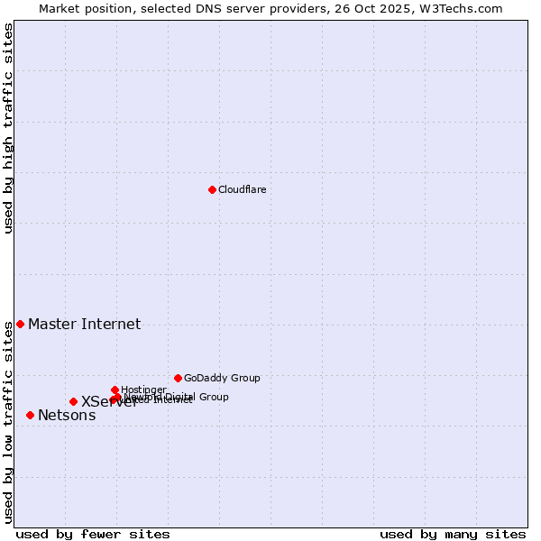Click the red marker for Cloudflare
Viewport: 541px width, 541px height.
point(212,189)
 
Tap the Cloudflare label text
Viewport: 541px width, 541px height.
point(242,189)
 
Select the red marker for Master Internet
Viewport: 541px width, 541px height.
point(20,324)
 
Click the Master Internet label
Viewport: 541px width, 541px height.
point(84,325)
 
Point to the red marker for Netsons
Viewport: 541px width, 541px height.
point(30,415)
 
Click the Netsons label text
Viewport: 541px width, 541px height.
point(67,416)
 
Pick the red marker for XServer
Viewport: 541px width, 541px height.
point(73,401)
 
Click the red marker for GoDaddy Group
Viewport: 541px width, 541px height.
point(178,378)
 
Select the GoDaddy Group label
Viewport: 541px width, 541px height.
point(222,379)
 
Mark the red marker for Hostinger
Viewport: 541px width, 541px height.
point(115,390)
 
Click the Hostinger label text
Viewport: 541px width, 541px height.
point(143,390)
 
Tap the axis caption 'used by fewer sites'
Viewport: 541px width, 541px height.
point(93,534)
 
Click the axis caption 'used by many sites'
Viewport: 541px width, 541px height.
point(453,534)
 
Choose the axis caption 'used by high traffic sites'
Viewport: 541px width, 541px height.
point(8,128)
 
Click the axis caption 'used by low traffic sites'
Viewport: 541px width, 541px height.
point(8,422)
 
